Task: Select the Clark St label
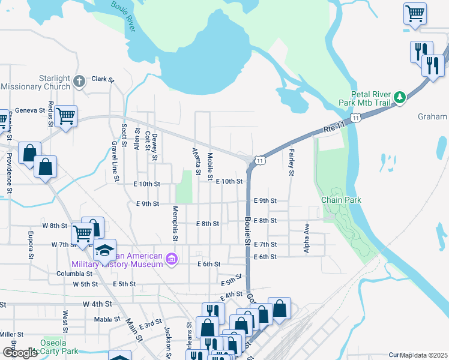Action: (x=103, y=79)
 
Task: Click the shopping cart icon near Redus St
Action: (x=65, y=114)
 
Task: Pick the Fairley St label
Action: (x=292, y=162)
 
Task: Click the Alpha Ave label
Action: (x=306, y=238)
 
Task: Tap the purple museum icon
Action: (x=172, y=259)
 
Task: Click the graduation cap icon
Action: (x=104, y=249)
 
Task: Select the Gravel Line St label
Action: (x=113, y=161)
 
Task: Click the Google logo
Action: (x=20, y=353)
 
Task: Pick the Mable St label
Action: (x=107, y=319)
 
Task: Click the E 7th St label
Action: (x=265, y=244)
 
